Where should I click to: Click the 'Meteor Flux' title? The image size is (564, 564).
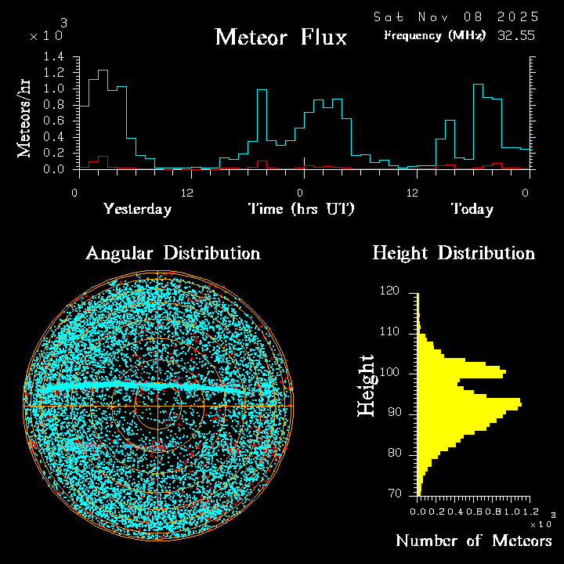(x=280, y=37)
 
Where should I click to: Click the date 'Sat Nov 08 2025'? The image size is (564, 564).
(x=455, y=16)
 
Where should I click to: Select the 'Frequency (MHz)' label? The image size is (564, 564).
(x=435, y=35)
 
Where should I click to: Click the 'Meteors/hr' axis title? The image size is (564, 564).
(x=25, y=117)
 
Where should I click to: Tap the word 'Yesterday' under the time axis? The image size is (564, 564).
(x=137, y=209)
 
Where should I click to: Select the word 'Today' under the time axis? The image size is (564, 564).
(x=472, y=209)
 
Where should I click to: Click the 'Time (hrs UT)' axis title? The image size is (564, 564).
(x=302, y=209)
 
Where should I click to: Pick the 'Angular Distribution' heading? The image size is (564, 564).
(x=172, y=254)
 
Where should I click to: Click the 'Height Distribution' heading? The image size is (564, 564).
(x=454, y=254)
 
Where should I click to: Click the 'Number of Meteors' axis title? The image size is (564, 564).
(x=473, y=541)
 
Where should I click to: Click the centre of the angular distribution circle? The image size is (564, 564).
(x=159, y=407)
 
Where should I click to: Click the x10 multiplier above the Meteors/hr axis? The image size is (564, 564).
(x=45, y=35)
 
